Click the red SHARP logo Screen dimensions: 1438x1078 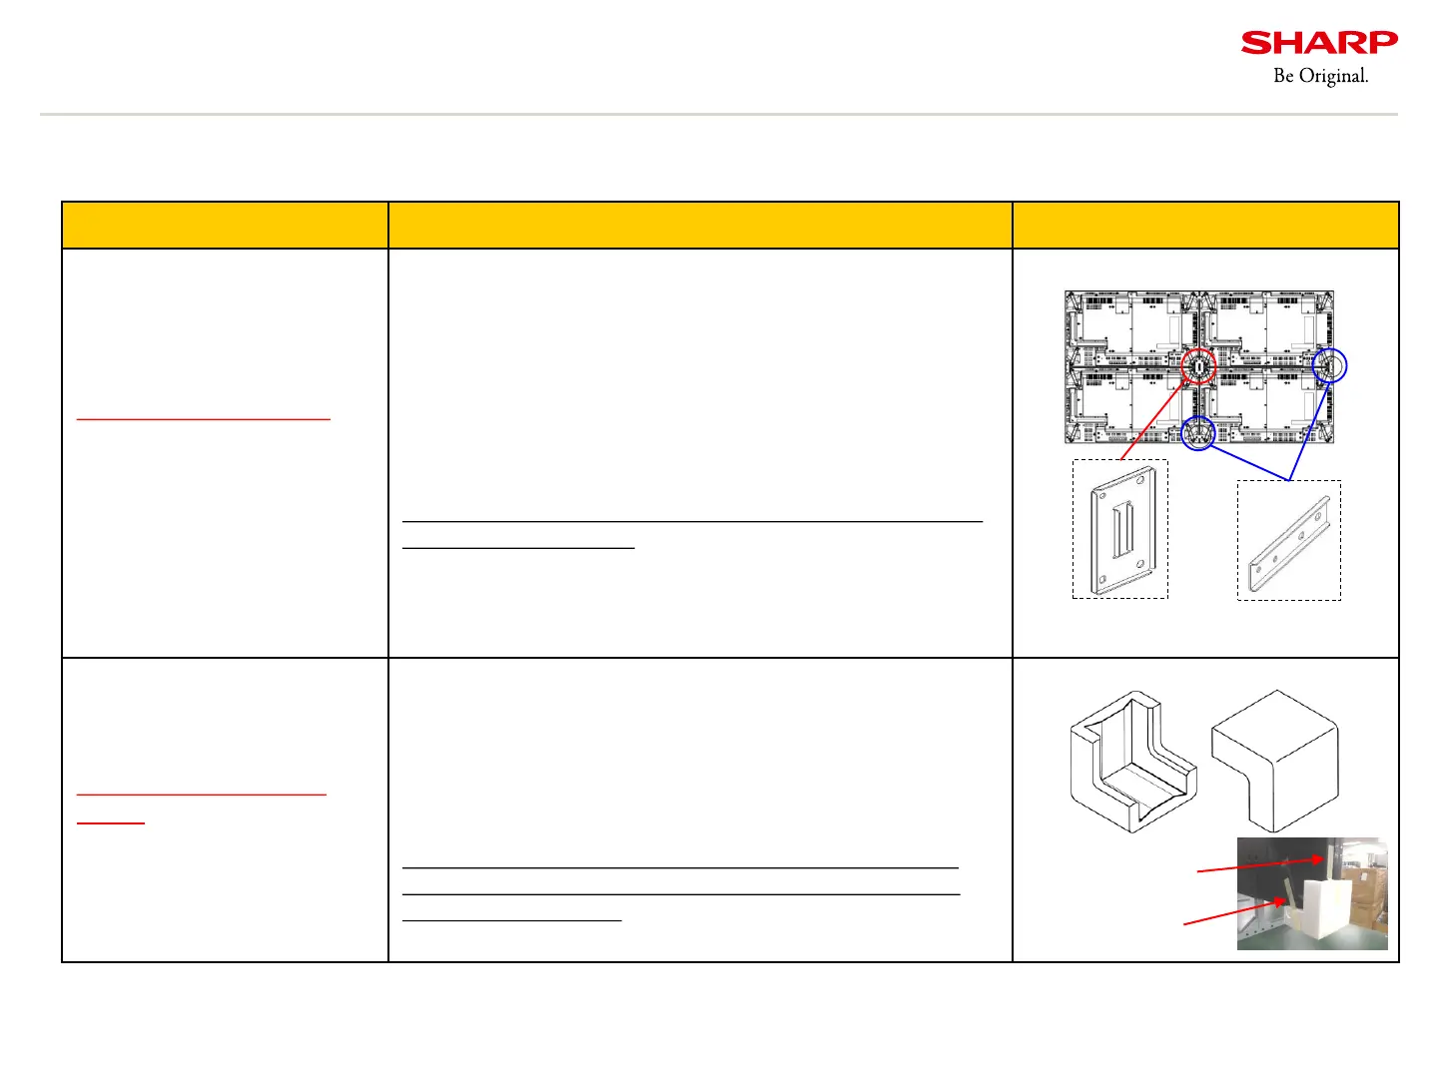(1319, 43)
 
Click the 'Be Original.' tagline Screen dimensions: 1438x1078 (1320, 76)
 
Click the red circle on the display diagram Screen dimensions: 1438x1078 (1198, 366)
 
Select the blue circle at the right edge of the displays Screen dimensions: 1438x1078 (1329, 366)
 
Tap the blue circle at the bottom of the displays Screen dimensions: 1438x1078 (1197, 433)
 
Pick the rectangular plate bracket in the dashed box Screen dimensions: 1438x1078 (1120, 531)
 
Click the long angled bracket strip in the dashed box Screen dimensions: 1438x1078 (1289, 544)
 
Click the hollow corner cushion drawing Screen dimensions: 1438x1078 (1131, 761)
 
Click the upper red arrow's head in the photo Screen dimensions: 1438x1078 (1319, 859)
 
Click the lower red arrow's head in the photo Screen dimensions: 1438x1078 (1279, 903)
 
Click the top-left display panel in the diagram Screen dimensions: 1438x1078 (1130, 329)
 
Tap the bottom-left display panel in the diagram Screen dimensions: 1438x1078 (1130, 405)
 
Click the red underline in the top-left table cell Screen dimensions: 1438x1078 (203, 420)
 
